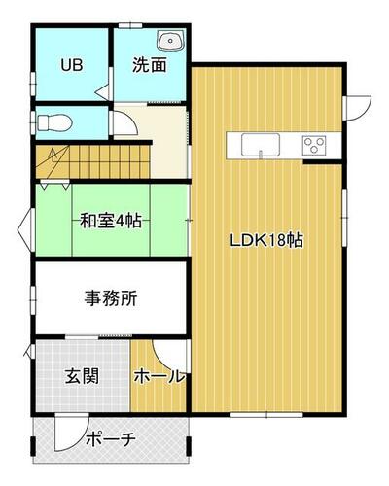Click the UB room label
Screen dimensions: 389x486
pyautogui.click(x=72, y=65)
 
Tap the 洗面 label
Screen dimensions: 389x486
pyautogui.click(x=150, y=65)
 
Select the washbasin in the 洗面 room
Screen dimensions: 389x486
pyautogui.click(x=171, y=41)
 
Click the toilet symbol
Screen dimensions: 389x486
pyautogui.click(x=54, y=122)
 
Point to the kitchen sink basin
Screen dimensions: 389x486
pyautogui.click(x=261, y=145)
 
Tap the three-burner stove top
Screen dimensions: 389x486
pyautogui.click(x=314, y=145)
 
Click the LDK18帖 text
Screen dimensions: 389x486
pyautogui.click(x=266, y=240)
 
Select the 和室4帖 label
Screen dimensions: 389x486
pyautogui.click(x=111, y=221)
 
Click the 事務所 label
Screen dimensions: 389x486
pyautogui.click(x=111, y=298)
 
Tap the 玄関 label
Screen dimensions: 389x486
pyautogui.click(x=82, y=376)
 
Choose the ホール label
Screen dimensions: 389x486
pyautogui.click(x=159, y=376)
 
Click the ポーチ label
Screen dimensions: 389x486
pyautogui.click(x=111, y=439)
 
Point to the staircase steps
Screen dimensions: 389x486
pyautogui.click(x=92, y=161)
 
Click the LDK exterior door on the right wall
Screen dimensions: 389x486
pyautogui.click(x=357, y=107)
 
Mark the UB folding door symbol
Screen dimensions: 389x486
pyautogui.click(x=103, y=91)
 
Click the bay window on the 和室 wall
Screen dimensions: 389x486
pyautogui.click(x=25, y=229)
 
